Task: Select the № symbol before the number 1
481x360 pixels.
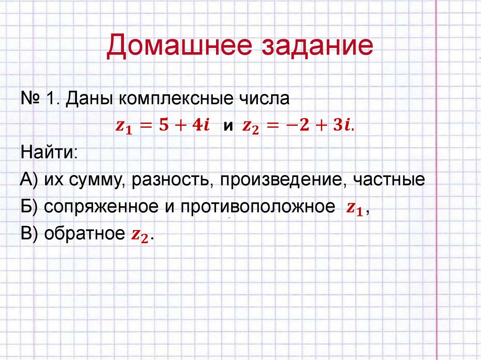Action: [30, 100]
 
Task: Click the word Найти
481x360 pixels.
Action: [48, 153]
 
